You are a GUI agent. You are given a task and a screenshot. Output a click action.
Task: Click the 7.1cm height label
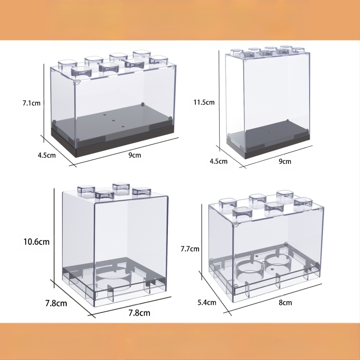[x=31, y=103]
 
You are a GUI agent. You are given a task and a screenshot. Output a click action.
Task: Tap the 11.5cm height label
[x=204, y=102]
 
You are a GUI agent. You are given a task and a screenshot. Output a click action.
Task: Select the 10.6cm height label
[x=36, y=242]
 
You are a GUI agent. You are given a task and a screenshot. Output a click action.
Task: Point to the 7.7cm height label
[x=190, y=249]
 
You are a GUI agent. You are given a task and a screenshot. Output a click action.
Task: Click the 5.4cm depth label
[x=207, y=302]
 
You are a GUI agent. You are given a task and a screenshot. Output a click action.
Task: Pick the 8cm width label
[x=285, y=302]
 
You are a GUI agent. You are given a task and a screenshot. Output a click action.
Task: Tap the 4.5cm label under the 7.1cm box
[x=47, y=155]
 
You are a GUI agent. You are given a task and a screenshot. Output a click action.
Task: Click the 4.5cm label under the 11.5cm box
[x=219, y=161]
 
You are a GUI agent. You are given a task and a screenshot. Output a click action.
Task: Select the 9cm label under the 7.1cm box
[x=135, y=155]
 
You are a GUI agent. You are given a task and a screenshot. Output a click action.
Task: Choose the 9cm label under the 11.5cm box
[x=285, y=162]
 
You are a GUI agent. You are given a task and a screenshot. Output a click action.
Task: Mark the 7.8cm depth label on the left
[x=56, y=303]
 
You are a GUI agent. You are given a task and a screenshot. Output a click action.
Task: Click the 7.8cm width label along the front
[x=139, y=313]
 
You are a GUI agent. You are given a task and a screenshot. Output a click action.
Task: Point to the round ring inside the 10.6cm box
[x=113, y=279]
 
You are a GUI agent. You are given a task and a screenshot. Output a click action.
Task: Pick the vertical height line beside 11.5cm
[x=219, y=101]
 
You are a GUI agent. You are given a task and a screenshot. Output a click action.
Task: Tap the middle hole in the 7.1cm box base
[x=113, y=121]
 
